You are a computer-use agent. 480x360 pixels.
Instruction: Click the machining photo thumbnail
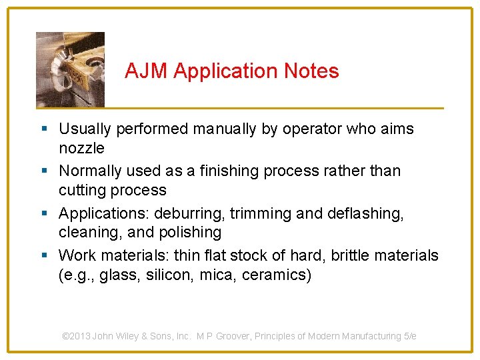click(x=70, y=69)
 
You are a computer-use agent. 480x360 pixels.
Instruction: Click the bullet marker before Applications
click(x=44, y=214)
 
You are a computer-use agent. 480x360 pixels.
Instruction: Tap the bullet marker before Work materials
click(x=44, y=256)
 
